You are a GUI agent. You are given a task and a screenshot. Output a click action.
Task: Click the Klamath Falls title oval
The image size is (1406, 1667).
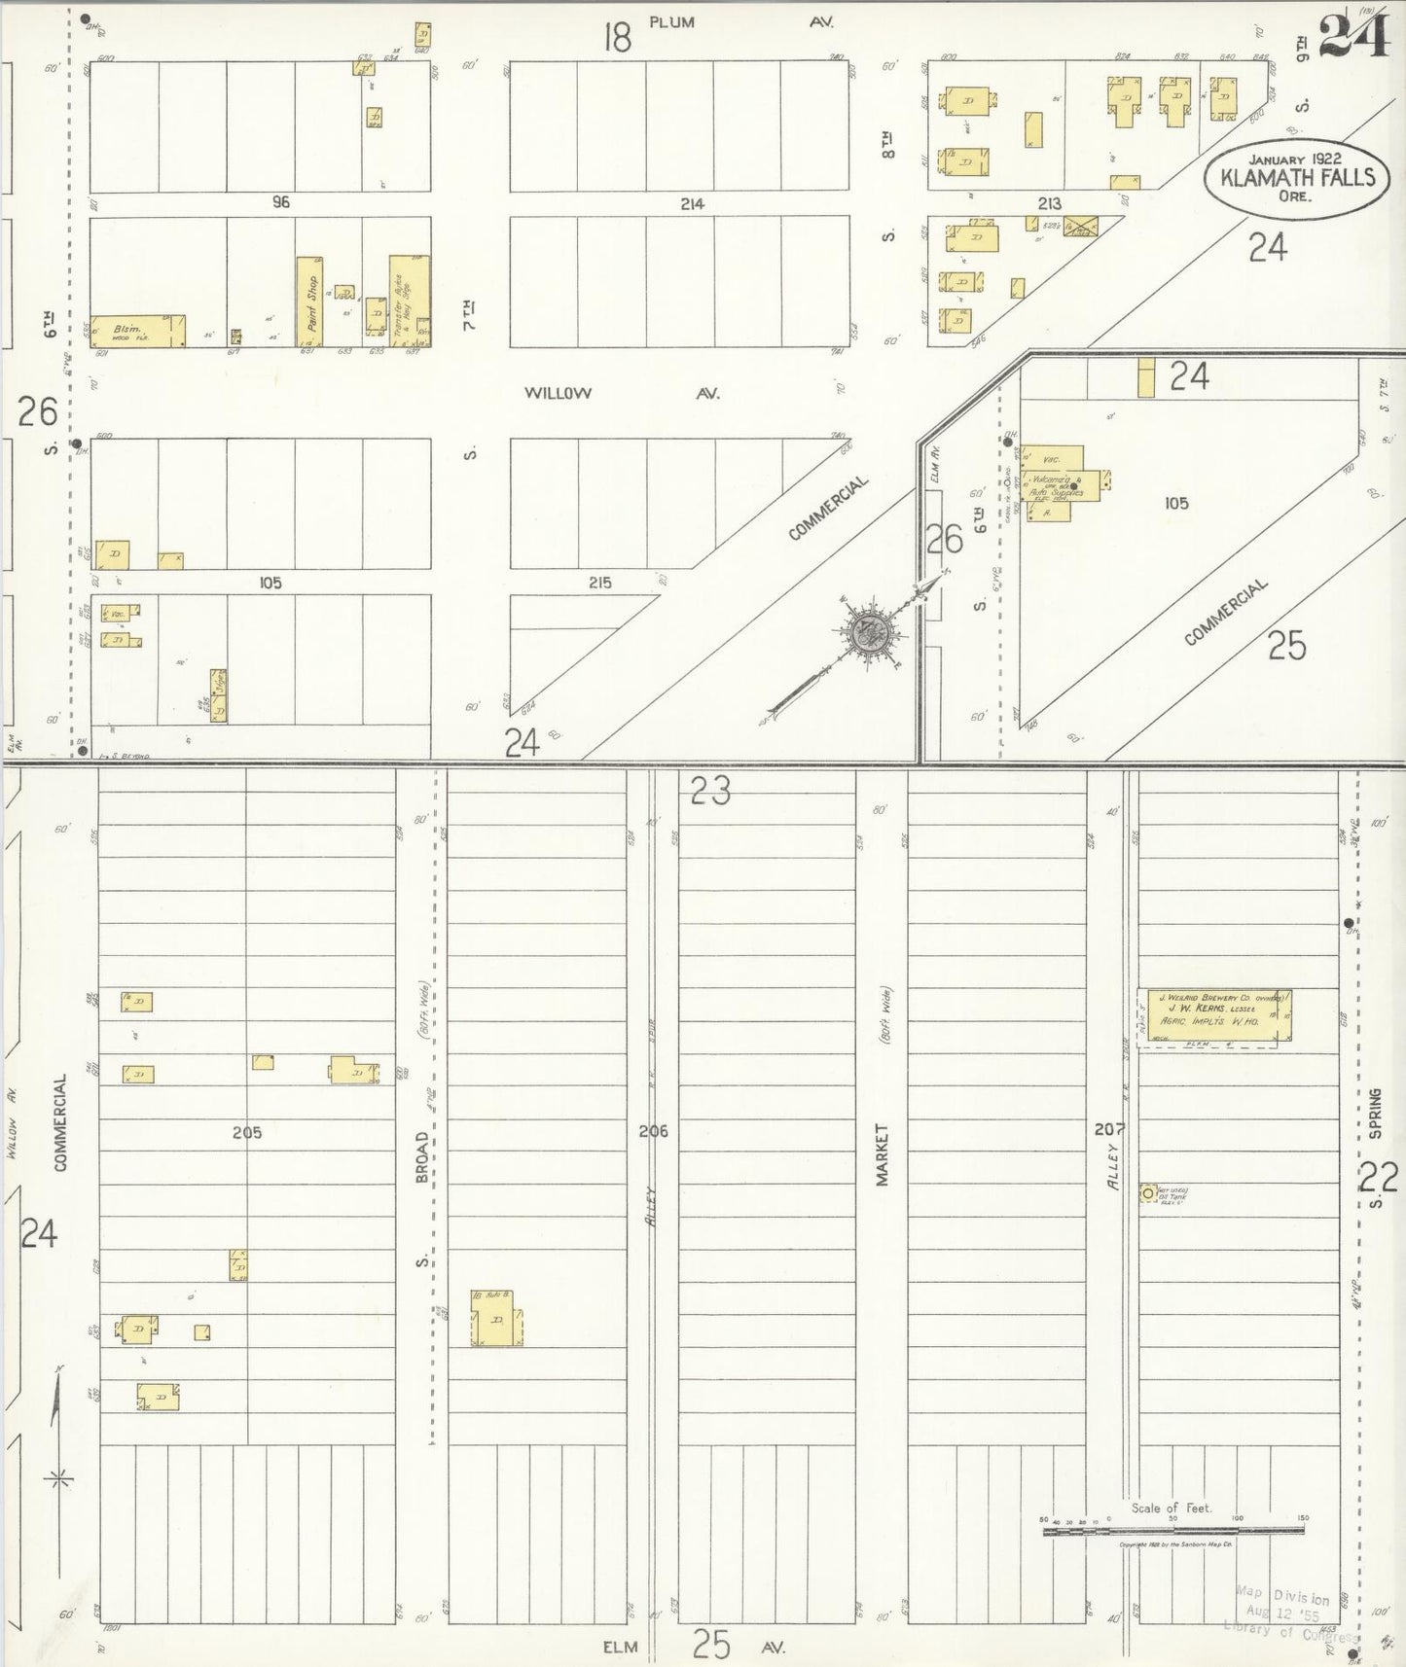pyautogui.click(x=1297, y=175)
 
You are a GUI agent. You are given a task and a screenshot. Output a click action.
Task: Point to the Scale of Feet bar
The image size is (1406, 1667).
pyautogui.click(x=1172, y=1531)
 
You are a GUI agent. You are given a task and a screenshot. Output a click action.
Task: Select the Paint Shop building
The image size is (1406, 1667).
pyautogui.click(x=309, y=301)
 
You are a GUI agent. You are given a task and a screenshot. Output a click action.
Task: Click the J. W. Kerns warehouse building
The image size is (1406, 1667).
pyautogui.click(x=1214, y=1016)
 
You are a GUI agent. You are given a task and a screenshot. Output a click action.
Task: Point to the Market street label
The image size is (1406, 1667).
pyautogui.click(x=883, y=1154)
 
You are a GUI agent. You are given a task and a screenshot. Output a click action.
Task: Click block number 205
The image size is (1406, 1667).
pyautogui.click(x=247, y=1132)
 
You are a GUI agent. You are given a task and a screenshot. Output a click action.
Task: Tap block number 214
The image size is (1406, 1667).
pyautogui.click(x=692, y=204)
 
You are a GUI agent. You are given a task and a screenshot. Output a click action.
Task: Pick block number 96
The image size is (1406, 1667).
pyautogui.click(x=281, y=202)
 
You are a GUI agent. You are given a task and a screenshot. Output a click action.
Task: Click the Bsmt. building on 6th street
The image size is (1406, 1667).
pyautogui.click(x=136, y=331)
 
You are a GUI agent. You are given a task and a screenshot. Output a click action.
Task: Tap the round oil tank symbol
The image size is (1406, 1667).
pyautogui.click(x=1148, y=1192)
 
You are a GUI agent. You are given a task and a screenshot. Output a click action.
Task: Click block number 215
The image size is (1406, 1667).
pyautogui.click(x=599, y=583)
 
